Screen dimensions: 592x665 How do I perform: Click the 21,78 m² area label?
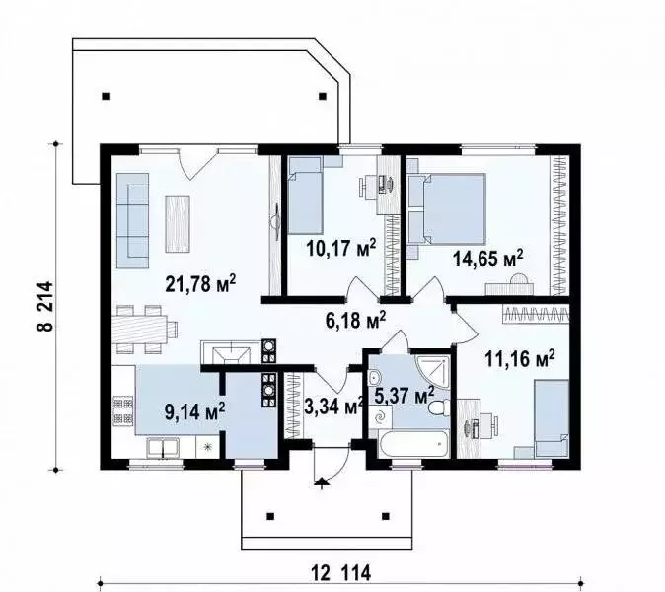(199, 284)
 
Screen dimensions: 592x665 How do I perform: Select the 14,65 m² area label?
(487, 259)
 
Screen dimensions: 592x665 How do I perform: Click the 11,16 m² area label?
(519, 359)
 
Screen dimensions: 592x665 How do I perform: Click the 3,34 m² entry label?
(332, 407)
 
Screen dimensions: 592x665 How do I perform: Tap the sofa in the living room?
(131, 219)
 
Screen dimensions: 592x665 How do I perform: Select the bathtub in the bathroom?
(407, 445)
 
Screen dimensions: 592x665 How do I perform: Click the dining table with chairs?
(145, 329)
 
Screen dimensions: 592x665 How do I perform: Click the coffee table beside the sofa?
(178, 218)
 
